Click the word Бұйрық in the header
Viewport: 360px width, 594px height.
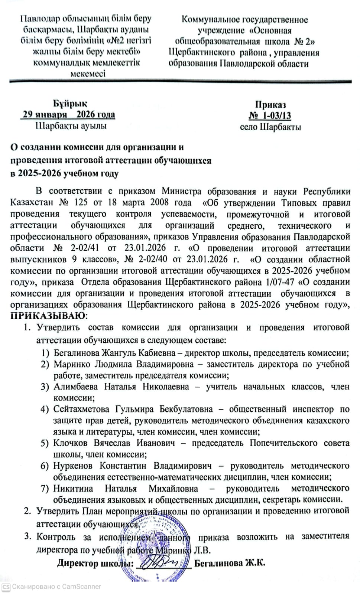[x=69, y=104]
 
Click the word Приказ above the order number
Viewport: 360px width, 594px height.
[x=270, y=105]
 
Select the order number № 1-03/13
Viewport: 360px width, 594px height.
[x=270, y=115]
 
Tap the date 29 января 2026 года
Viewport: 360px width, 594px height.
[x=69, y=114]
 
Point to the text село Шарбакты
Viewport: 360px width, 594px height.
[x=270, y=127]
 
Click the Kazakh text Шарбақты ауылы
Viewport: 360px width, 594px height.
[x=71, y=125]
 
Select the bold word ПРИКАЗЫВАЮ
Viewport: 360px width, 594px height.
[x=48, y=316]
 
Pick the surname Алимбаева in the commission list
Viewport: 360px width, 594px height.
[x=76, y=386]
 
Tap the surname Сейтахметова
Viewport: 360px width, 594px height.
[x=81, y=409]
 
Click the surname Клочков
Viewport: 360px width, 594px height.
[x=71, y=443]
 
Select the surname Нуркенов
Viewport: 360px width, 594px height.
[x=73, y=466]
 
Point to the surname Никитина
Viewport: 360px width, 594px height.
[x=73, y=488]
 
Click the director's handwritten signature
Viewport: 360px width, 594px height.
[x=163, y=561]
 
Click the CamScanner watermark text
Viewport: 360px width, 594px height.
[x=56, y=587]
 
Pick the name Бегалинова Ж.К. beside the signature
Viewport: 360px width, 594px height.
[x=230, y=563]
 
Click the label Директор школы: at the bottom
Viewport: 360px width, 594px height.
[x=95, y=563]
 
